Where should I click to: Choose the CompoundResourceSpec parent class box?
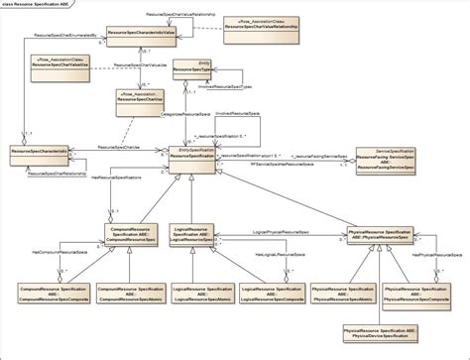[x=129, y=235]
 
